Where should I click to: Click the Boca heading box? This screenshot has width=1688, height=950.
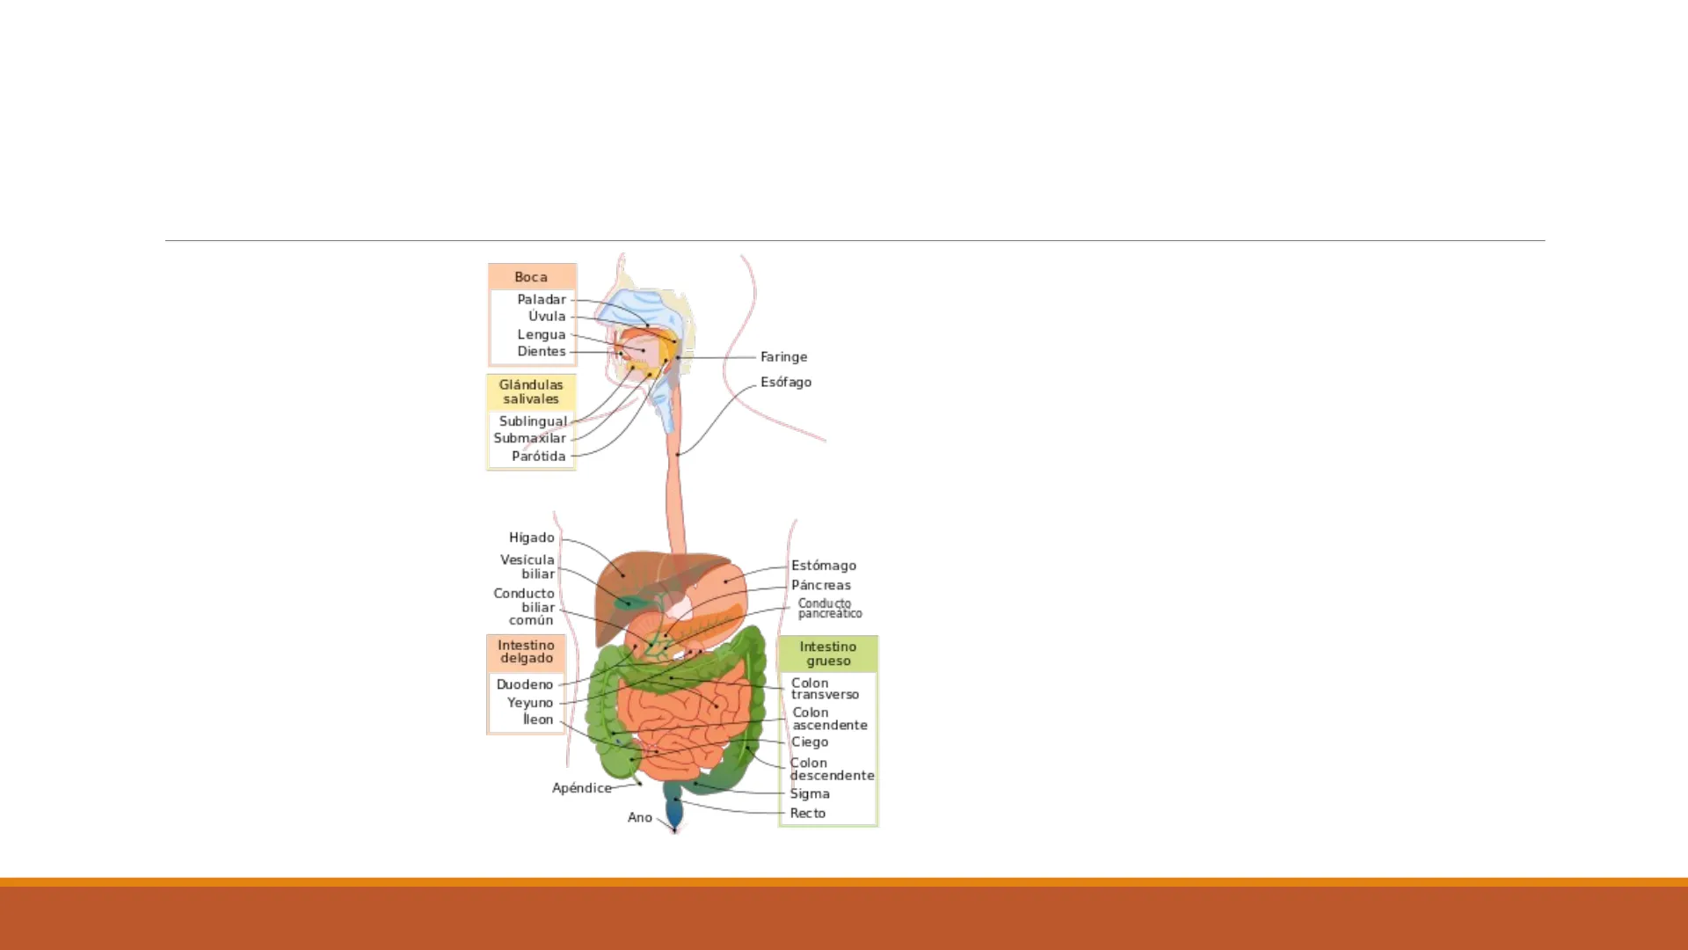pos(532,276)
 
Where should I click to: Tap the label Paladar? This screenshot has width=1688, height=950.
pos(542,300)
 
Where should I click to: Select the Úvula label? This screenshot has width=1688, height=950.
pos(547,317)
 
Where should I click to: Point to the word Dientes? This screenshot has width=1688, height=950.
pos(542,352)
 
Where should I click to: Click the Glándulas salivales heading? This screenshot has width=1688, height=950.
pos(531,391)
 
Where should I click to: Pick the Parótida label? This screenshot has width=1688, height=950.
pos(539,457)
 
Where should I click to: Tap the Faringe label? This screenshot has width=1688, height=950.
pos(783,357)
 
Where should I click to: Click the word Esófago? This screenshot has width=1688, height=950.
pos(786,383)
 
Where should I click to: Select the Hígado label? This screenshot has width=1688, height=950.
pos(532,537)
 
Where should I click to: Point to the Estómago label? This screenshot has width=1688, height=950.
pos(824,566)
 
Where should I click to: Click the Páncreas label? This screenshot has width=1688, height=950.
pos(821,585)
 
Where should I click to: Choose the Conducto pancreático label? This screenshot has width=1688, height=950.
pos(830,609)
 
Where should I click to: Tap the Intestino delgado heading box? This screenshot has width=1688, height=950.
pos(527,652)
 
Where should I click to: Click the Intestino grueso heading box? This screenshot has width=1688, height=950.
pos(828,654)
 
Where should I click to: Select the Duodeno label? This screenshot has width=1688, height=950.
pos(525,684)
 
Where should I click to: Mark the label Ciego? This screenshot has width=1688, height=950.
pos(810,742)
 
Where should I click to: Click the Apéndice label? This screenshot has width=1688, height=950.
pos(582,788)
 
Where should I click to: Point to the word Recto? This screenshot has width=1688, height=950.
pos(808,814)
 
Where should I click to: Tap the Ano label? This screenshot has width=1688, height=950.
pos(640,818)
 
